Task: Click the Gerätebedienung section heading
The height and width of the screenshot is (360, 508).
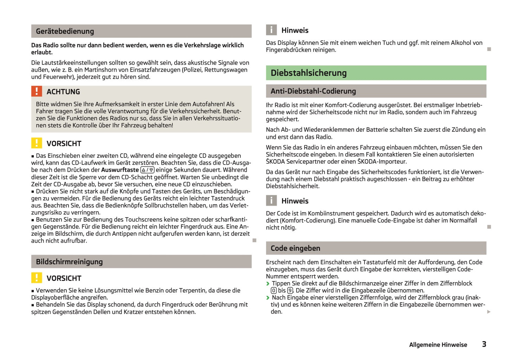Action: [x=65, y=31]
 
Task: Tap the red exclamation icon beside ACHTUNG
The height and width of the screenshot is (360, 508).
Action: [x=37, y=91]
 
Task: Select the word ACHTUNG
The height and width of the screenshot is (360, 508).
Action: [x=63, y=92]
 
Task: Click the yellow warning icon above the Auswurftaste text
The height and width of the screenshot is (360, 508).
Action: [x=37, y=143]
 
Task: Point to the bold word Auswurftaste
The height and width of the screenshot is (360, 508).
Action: [x=120, y=170]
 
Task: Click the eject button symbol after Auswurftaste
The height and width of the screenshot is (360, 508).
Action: [x=147, y=170]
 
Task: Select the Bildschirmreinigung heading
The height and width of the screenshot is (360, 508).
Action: [x=69, y=262]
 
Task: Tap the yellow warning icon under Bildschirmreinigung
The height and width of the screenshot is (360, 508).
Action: [x=37, y=278]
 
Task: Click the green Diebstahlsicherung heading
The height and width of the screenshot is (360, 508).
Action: [x=309, y=73]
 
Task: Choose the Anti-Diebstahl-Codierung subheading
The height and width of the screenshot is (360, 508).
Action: [x=313, y=91]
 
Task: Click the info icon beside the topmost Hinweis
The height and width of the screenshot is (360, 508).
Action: [x=271, y=30]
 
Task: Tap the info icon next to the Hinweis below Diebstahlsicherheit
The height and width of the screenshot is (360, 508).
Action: [x=271, y=201]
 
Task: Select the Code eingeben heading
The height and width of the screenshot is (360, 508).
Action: [x=295, y=248]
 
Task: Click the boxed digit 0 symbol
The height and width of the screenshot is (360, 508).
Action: [x=274, y=290]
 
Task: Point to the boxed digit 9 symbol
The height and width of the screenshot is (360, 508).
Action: [x=290, y=290]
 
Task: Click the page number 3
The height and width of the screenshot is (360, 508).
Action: [x=484, y=344]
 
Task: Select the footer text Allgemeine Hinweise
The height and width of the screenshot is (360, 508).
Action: [x=438, y=345]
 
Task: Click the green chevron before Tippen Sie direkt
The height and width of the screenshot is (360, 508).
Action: [x=268, y=283]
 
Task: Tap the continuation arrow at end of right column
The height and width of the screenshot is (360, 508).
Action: [x=489, y=312]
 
